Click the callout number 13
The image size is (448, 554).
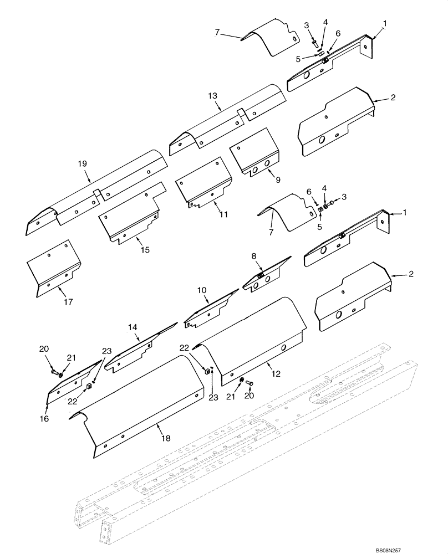click(213, 95)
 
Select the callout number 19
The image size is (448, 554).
click(83, 163)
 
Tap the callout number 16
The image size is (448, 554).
click(44, 418)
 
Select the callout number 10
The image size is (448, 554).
click(202, 289)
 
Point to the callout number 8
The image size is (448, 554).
click(253, 256)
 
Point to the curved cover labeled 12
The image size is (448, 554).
click(252, 338)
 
